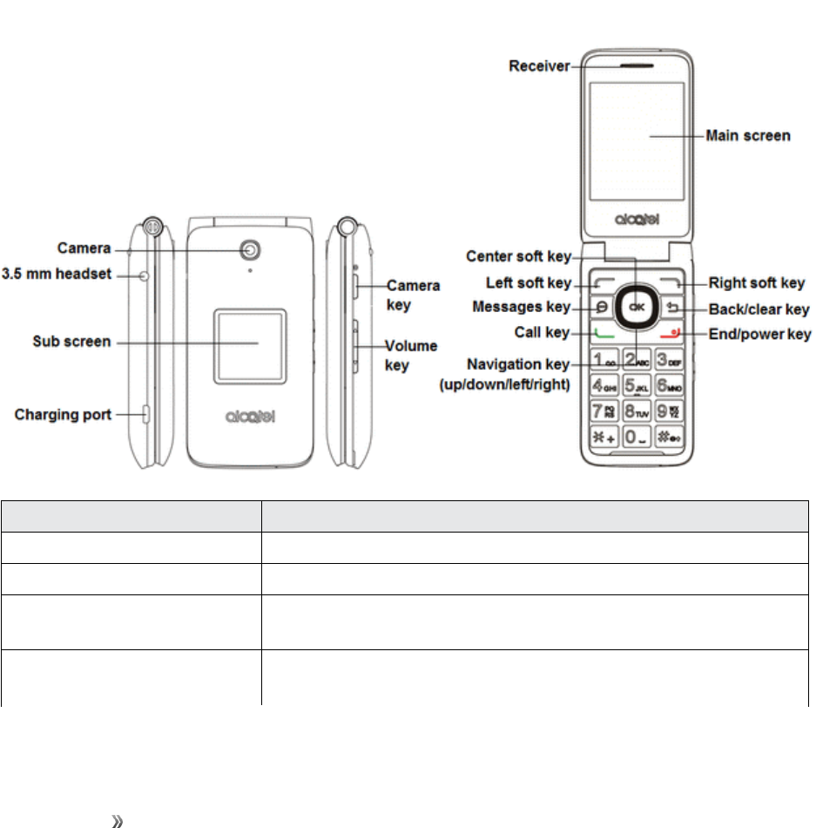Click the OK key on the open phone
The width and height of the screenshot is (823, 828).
pos(637,307)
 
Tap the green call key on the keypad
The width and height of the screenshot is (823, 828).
pos(604,332)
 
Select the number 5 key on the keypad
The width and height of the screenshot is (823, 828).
pos(637,383)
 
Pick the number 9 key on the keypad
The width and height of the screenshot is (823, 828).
pos(670,410)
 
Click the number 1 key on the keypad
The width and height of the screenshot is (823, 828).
pos(604,358)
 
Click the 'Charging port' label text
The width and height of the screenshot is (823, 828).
pos(63,415)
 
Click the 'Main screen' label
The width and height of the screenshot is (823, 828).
pos(747,136)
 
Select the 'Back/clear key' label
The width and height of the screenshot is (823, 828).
pos(759,309)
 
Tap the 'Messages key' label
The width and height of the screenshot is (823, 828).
pos(521,307)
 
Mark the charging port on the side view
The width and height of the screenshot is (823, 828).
pos(145,414)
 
